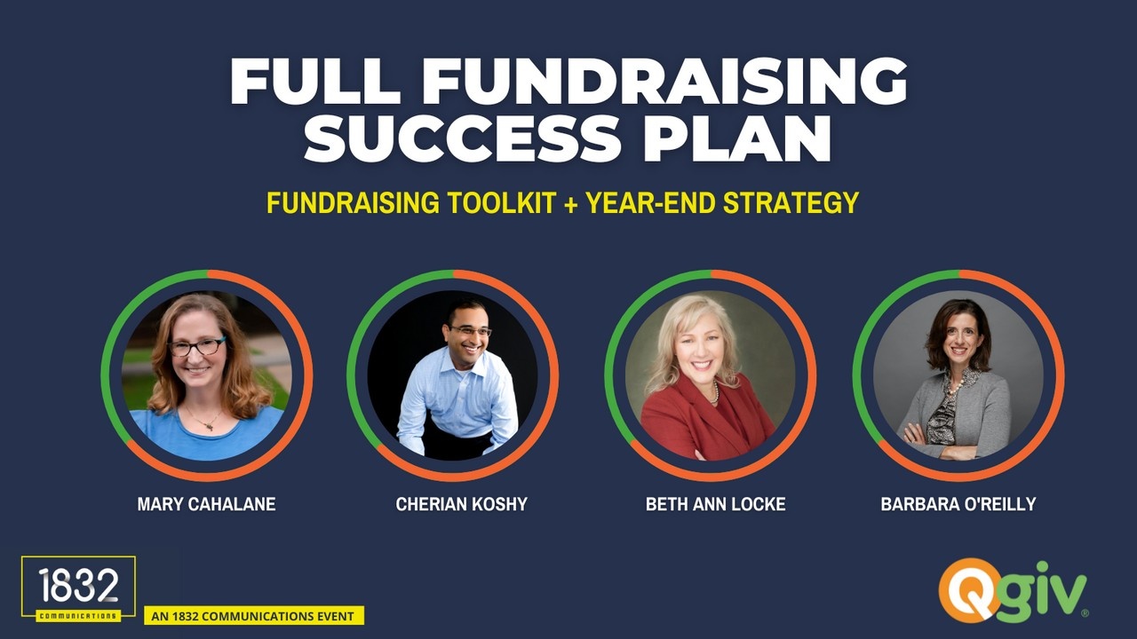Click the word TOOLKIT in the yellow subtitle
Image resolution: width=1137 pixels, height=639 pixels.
pos(502,203)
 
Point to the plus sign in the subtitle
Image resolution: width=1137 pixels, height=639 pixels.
pos(570,204)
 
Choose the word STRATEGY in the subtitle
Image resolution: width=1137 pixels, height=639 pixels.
pos(791,203)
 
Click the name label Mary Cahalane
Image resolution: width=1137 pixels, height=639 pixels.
pos(207,504)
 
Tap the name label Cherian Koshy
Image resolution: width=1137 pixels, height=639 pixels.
pos(461,504)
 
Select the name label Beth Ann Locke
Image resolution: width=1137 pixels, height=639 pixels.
pos(716,504)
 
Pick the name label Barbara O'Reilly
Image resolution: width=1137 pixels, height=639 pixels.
pos(958,504)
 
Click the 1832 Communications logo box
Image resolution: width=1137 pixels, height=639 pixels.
pos(79,589)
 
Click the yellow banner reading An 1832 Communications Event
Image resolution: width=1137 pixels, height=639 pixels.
pos(254,616)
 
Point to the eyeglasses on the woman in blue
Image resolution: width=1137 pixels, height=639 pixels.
pos(197,347)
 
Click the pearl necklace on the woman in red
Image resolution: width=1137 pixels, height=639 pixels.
pos(716,391)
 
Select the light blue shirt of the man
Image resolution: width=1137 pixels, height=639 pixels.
pos(457,400)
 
